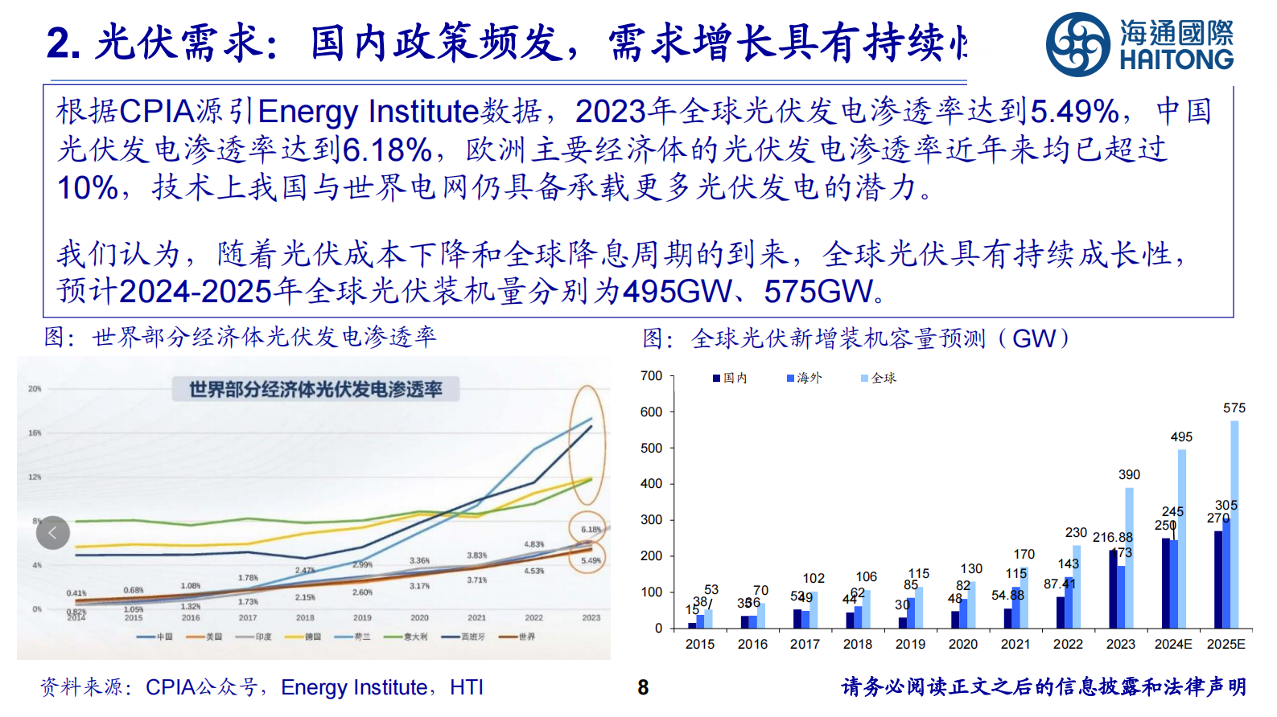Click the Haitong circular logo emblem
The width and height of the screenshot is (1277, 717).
[1078, 44]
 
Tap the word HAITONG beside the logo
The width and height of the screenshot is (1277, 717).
[1176, 59]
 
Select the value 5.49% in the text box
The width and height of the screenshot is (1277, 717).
[1075, 112]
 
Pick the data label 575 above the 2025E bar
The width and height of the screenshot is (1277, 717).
[1234, 408]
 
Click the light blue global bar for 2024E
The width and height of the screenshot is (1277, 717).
[1182, 539]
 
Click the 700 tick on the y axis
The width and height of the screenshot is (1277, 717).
[651, 376]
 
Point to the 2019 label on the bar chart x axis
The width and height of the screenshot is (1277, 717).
[910, 645]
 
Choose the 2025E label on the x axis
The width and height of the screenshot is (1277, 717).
[1226, 645]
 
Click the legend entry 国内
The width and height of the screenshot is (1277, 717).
[731, 378]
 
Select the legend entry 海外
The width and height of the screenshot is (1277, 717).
[805, 378]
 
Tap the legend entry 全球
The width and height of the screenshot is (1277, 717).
[879, 378]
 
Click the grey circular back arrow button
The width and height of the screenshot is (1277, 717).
[53, 532]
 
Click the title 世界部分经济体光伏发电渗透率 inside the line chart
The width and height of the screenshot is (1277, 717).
[315, 390]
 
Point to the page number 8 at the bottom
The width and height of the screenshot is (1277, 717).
[643, 687]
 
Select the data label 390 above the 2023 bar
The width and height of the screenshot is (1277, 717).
[1129, 475]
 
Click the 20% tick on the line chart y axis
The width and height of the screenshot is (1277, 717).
[35, 389]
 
